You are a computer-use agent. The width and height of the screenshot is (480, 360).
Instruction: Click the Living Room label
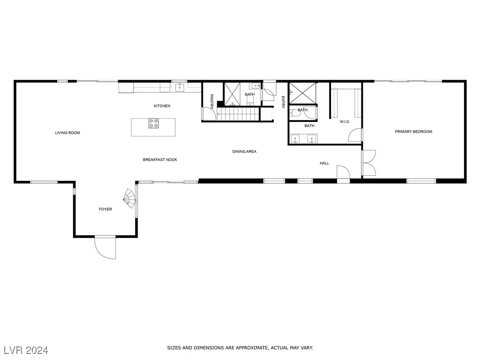coord(67,133)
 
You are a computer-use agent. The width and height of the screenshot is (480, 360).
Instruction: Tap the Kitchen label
coord(162,106)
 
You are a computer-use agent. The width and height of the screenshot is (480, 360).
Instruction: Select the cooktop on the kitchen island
coord(154,123)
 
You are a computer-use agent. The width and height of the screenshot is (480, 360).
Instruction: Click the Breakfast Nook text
coord(160,160)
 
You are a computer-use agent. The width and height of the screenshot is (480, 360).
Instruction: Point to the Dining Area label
coord(244,151)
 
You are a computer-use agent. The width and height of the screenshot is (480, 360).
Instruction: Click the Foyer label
coord(105,210)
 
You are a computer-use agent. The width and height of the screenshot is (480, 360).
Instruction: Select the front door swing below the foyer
coord(105,247)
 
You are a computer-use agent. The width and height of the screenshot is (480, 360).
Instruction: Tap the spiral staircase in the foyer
coord(130,198)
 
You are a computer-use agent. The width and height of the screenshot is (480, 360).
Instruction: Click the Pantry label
coord(211,101)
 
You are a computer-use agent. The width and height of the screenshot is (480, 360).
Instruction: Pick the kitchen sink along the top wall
coord(180,88)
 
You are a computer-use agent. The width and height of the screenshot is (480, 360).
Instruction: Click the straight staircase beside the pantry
coord(238,114)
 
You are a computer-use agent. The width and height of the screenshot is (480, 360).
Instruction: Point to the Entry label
coord(283,102)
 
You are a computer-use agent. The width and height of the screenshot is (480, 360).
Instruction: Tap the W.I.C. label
coord(345,122)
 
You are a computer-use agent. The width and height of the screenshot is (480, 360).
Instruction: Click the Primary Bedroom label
coord(413,132)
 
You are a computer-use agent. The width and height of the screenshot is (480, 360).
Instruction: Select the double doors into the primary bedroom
coord(369,163)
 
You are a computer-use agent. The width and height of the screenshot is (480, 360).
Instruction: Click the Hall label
coord(324,163)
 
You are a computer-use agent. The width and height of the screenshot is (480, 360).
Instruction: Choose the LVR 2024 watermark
coord(26,350)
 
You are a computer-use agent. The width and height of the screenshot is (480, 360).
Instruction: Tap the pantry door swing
coord(209,113)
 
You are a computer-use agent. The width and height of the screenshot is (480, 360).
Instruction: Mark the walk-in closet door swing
coord(355,135)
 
